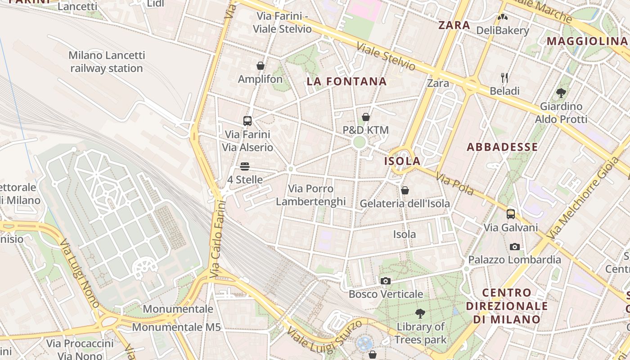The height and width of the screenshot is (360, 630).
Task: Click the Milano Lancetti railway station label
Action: click(107, 62)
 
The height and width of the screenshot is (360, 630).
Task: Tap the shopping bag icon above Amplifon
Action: click(260, 66)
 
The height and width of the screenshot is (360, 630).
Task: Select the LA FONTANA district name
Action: click(346, 81)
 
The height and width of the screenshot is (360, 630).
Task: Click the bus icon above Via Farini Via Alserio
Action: click(247, 121)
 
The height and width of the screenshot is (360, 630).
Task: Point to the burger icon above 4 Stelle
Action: click(245, 166)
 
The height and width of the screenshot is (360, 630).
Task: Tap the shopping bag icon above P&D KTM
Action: click(366, 117)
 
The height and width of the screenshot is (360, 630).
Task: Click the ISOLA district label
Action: click(402, 161)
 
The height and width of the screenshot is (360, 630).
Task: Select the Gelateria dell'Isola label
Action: click(405, 203)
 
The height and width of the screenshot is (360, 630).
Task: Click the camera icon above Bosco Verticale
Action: click(385, 281)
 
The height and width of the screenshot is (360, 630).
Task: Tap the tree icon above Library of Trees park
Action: click(420, 313)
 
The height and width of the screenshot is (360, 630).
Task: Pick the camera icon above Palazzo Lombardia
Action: click(515, 247)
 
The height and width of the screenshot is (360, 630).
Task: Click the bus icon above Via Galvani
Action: click(510, 214)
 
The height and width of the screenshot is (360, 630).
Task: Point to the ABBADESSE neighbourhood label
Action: click(502, 147)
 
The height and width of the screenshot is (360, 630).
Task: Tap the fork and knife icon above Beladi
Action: click(504, 78)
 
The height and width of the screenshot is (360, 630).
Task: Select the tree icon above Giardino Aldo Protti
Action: click(561, 93)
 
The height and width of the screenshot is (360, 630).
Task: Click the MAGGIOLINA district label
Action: click(587, 41)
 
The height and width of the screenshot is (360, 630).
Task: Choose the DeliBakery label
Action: click(502, 31)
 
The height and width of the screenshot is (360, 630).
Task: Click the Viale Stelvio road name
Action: click(386, 56)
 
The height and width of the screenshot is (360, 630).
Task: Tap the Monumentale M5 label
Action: click(176, 327)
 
